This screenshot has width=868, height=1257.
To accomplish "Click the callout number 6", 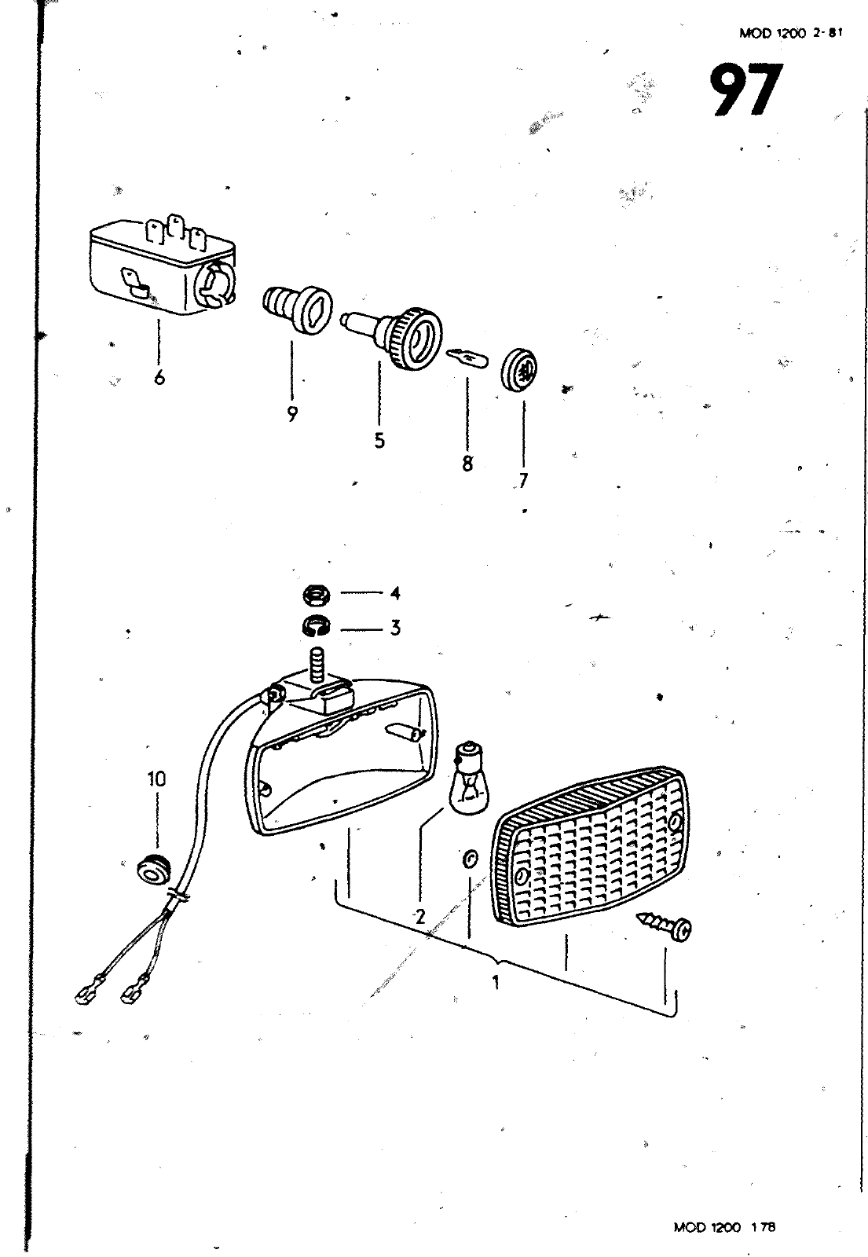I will coord(159,378).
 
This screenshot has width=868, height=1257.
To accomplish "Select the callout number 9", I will coord(292,414).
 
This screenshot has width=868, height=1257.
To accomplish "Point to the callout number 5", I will coord(379,441).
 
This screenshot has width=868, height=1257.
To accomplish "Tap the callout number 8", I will coord(467,464).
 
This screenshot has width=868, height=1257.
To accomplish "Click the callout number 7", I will coord(523,480).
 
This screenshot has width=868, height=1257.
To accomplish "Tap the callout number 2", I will coord(419,916).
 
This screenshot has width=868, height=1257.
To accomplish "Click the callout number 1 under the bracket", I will coord(496,982).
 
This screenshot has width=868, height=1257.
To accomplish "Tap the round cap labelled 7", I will coord(519,368).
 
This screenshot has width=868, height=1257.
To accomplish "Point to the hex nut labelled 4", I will coord(315,596).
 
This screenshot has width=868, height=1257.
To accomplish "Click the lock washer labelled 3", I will coord(315,627).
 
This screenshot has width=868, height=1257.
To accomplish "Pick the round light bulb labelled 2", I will coord(470,779).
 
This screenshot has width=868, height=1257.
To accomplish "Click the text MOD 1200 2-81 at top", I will coord(785,33).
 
